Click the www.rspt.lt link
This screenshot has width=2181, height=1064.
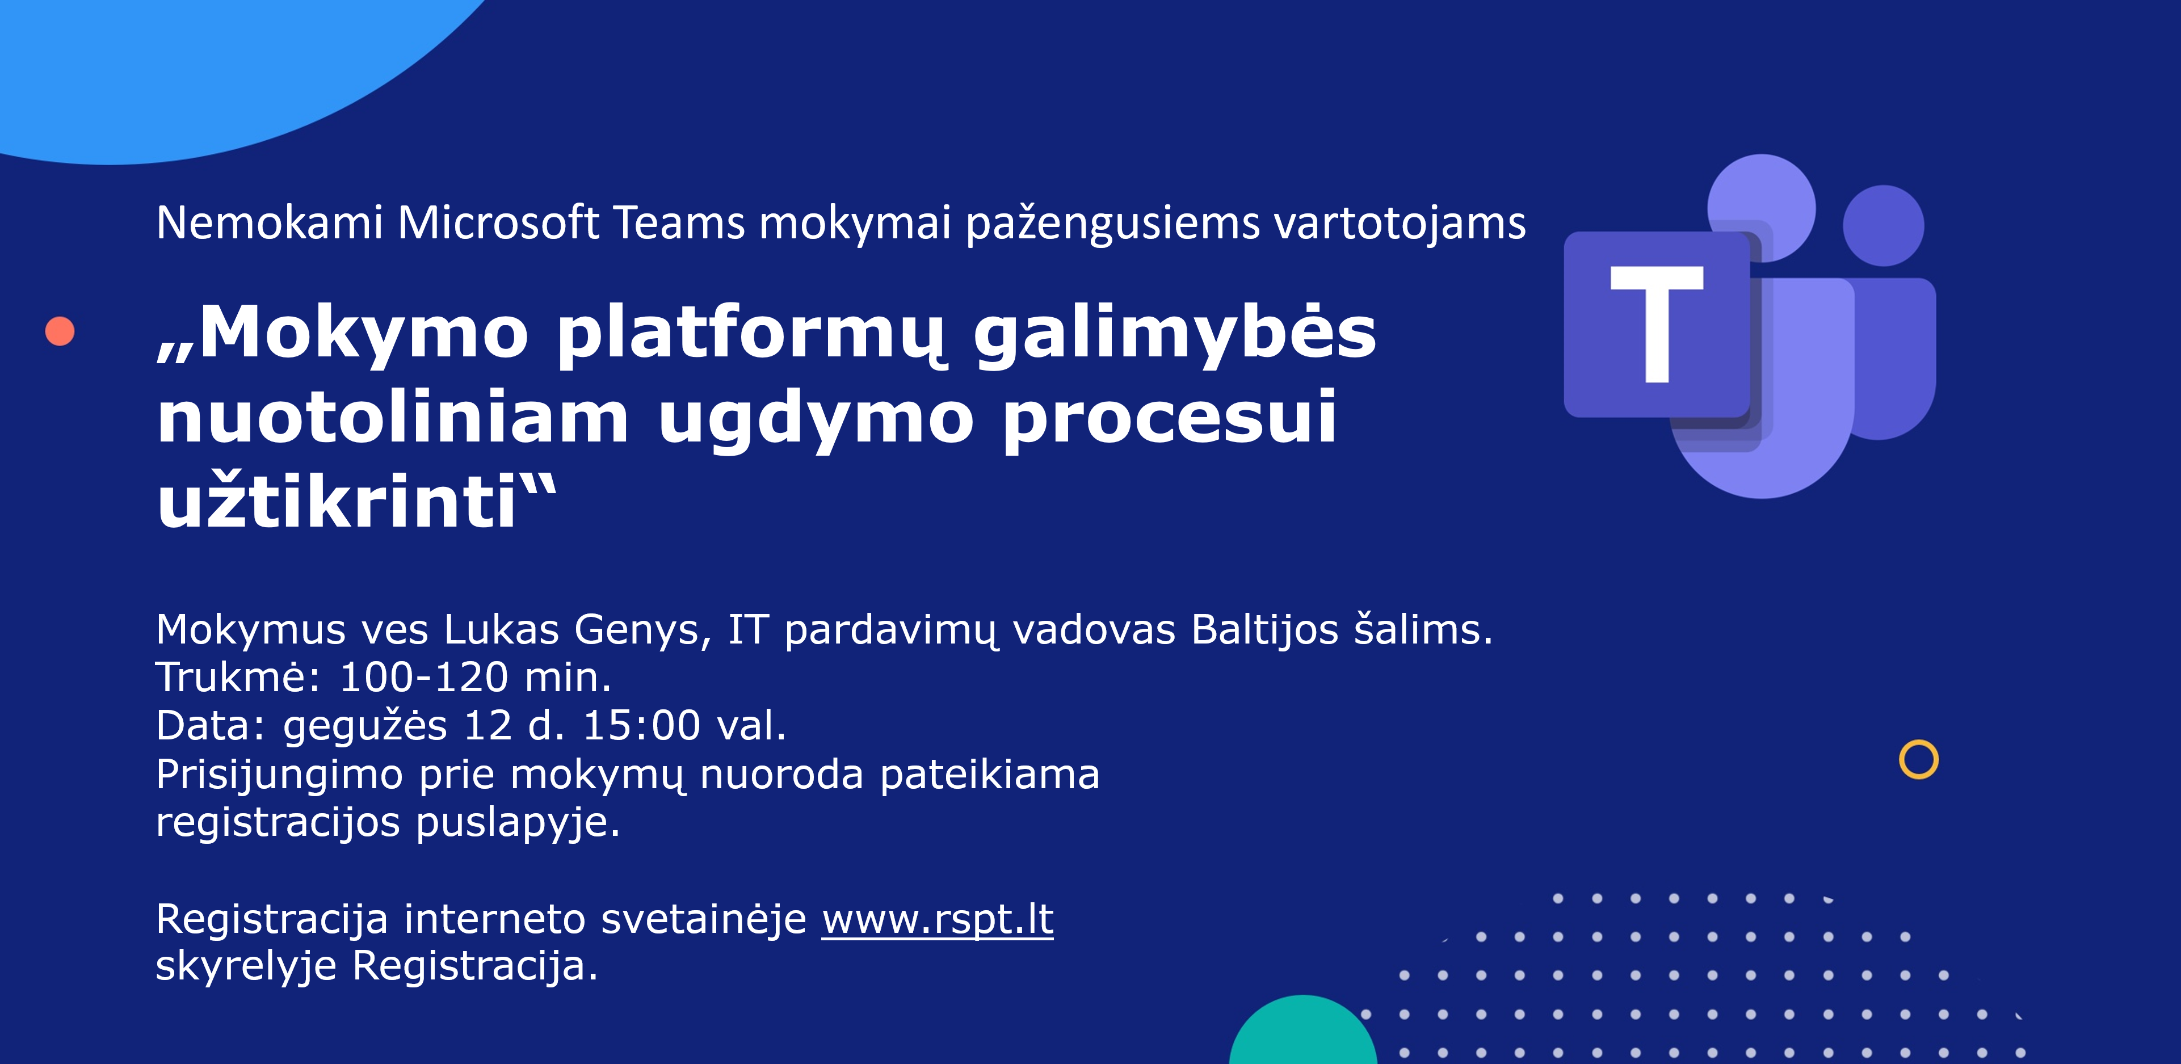click(937, 920)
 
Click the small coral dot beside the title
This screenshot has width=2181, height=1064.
click(59, 331)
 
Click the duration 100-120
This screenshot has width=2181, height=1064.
click(423, 677)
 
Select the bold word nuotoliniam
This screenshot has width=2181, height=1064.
click(393, 417)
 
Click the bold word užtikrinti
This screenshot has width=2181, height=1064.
click(337, 501)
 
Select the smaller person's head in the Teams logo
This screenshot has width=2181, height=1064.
click(1884, 226)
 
